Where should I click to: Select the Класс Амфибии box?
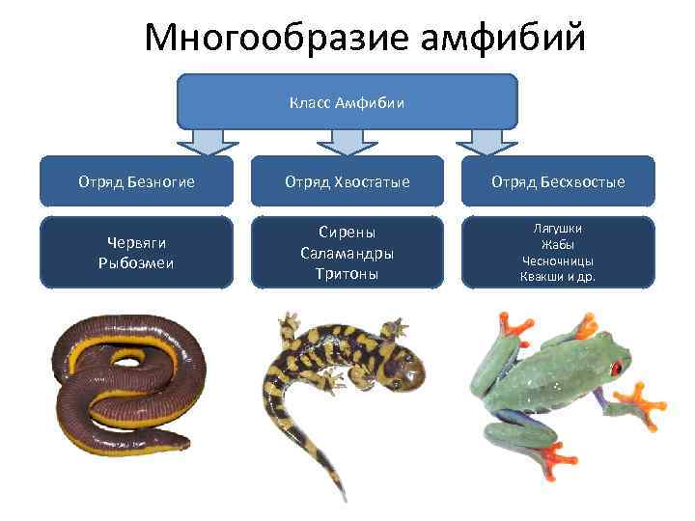pos(347,101)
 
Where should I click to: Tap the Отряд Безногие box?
pos(136,181)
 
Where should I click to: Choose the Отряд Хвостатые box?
pos(347,181)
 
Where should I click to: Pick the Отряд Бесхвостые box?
pos(558,181)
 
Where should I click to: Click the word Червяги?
pos(136,245)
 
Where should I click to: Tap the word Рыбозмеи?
pos(136,263)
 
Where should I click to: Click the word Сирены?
pos(347,233)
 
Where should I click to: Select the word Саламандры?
pos(347,253)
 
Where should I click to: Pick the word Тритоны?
pos(347,273)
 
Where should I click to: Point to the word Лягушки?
pos(558,229)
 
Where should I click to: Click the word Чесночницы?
pos(558,260)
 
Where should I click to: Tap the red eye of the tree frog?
pos(615,368)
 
